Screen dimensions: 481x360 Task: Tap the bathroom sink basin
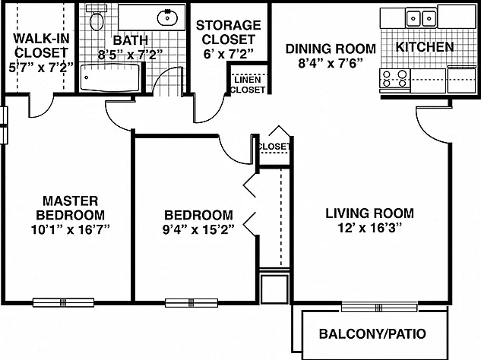167,17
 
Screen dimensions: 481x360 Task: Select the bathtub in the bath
110,77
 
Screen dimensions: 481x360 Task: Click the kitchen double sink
421,18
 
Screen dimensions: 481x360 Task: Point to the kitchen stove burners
395,78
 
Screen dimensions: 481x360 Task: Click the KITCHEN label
425,47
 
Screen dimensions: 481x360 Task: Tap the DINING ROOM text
331,49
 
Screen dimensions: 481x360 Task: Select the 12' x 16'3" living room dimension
370,228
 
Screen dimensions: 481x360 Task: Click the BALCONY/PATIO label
372,334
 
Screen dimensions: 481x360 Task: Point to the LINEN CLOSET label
248,84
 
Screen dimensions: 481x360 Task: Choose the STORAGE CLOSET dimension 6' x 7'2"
229,54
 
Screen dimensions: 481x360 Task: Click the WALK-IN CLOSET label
41,46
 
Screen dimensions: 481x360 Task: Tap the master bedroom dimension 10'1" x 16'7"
71,229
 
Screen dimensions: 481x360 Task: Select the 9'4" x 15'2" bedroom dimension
199,229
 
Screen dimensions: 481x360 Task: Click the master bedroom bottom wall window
64,302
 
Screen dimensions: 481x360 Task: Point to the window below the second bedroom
191,303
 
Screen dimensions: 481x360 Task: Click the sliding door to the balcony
379,307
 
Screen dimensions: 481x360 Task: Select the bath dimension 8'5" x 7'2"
130,55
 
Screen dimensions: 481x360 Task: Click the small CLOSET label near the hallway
274,147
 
